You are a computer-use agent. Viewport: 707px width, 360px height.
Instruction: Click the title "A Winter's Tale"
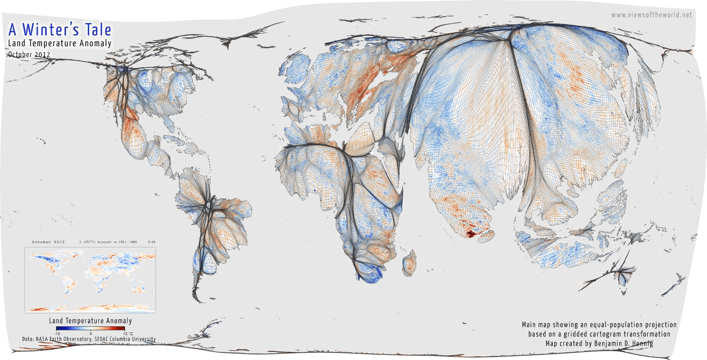60,30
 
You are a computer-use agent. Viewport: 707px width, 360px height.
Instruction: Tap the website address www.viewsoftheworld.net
651,15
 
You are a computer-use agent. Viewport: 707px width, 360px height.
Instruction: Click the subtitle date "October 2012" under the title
29,54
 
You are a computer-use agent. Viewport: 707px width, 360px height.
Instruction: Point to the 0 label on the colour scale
90,333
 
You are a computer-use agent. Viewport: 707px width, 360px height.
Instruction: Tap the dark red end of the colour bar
123,328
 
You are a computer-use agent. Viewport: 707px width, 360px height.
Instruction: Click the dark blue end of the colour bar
58,328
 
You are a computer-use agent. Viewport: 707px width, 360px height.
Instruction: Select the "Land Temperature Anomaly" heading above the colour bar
90,321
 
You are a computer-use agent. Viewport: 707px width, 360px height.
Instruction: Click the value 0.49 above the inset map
152,242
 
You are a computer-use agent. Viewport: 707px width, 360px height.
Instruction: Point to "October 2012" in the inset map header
48,242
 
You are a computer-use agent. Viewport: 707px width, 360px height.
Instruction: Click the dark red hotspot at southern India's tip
470,233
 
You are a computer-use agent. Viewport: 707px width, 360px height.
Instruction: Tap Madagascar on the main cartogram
410,263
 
